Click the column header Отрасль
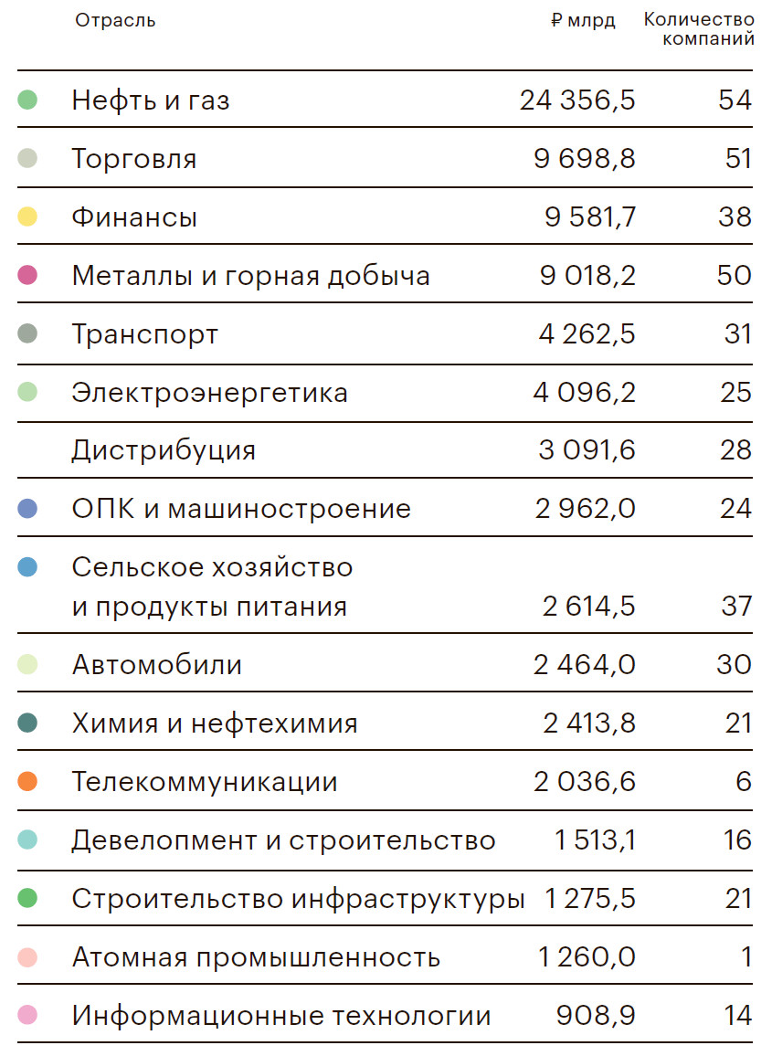[x=115, y=21]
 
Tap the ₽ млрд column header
[x=583, y=21]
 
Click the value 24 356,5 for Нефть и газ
[x=577, y=100]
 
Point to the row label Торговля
[x=134, y=159]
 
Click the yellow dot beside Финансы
[x=27, y=217]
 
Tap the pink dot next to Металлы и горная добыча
[x=27, y=275]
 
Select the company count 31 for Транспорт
[x=737, y=334]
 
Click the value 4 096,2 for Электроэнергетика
[x=585, y=393]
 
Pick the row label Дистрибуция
[x=164, y=450]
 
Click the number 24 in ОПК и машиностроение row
[x=735, y=509]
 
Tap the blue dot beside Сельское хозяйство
[x=27, y=567]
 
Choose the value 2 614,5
[x=589, y=607]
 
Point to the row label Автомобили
[x=157, y=665]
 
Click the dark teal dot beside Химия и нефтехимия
[x=27, y=723]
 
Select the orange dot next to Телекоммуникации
[x=27, y=782]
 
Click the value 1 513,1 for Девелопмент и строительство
[x=595, y=840]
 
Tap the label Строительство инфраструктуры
[x=298, y=899]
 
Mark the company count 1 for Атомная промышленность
[x=746, y=957]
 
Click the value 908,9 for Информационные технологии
[x=596, y=1016]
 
